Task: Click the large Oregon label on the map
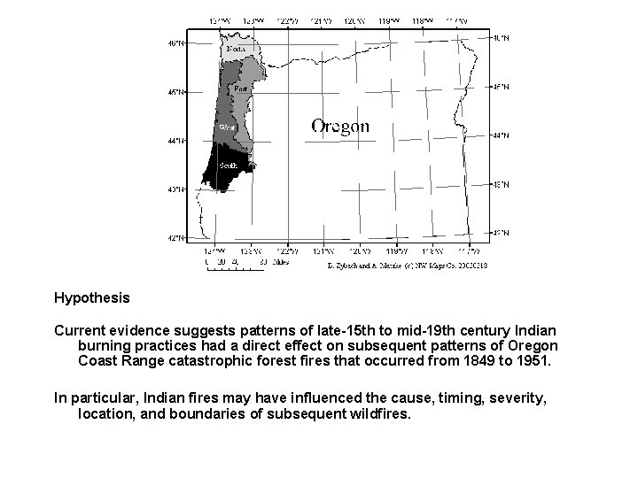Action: (340, 126)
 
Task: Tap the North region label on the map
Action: (236, 49)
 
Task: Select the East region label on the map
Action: (240, 89)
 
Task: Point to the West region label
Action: (227, 127)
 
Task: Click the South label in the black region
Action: (228, 166)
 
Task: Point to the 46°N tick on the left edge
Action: (177, 42)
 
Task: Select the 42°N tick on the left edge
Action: (177, 238)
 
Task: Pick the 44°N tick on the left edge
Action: (177, 140)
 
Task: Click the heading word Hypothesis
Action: (91, 298)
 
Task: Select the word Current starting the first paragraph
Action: (80, 330)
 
